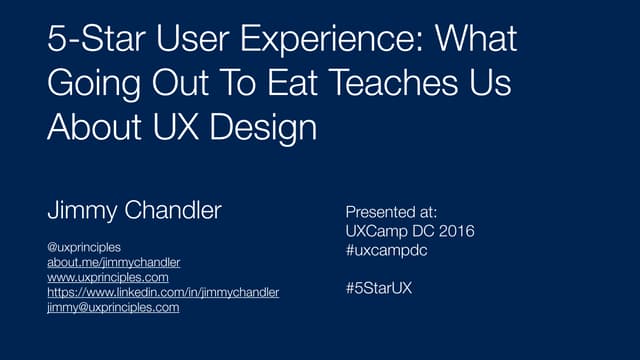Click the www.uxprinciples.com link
point(108,277)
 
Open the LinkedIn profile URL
point(163,292)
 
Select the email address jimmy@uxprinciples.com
point(113,308)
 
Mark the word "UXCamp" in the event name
point(375,231)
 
